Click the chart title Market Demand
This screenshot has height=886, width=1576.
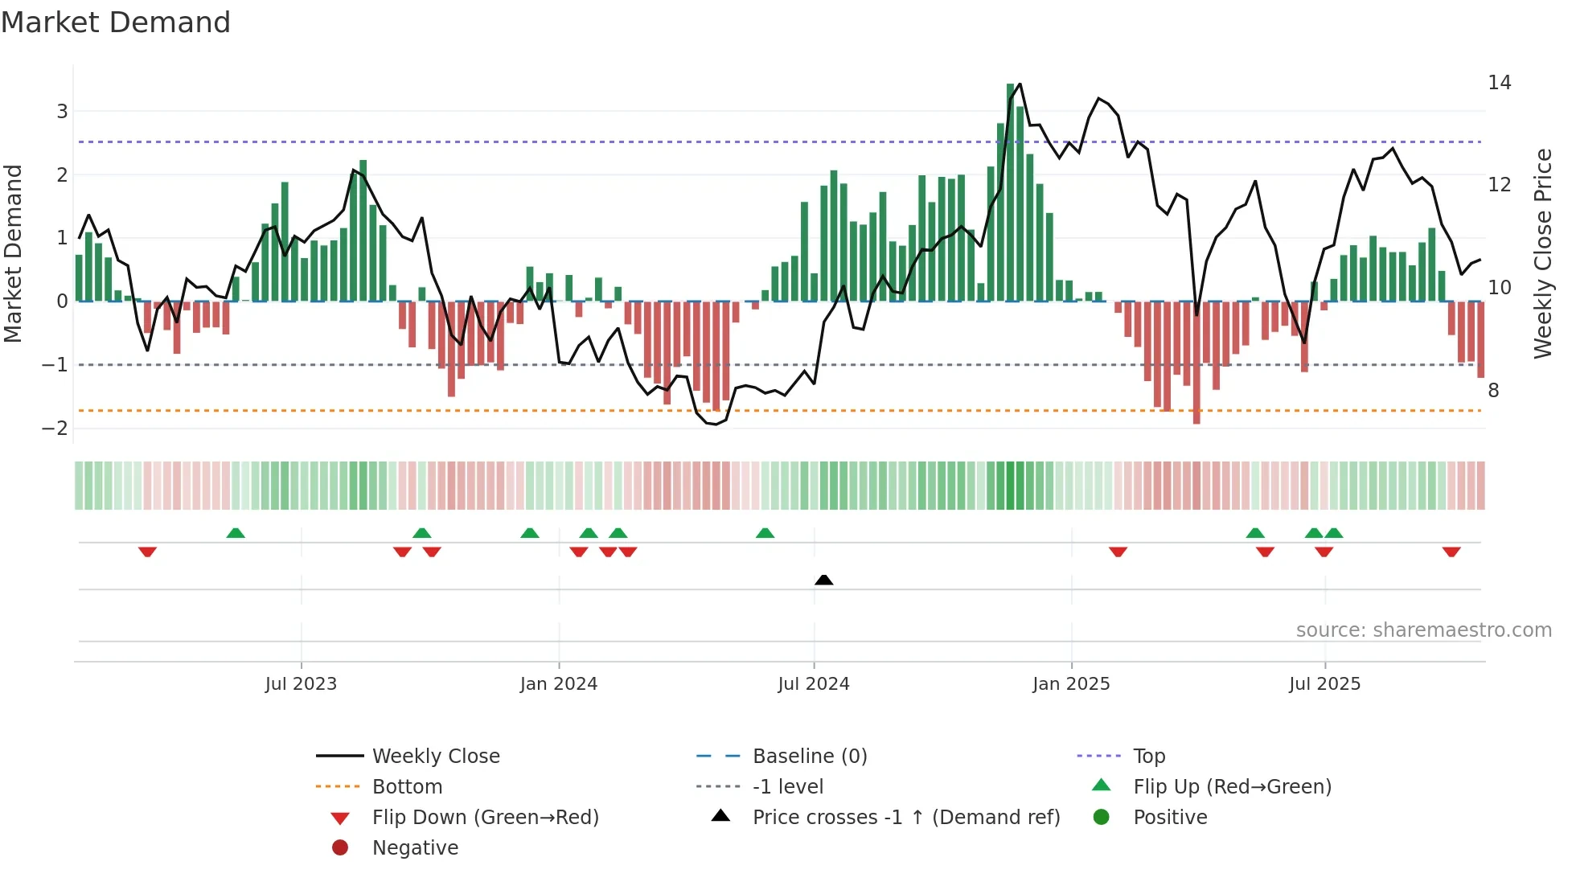[x=116, y=23]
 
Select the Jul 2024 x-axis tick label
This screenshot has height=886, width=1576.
[x=813, y=684]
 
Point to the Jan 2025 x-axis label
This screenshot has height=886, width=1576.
[x=1070, y=684]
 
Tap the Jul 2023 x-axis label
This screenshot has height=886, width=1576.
[x=301, y=684]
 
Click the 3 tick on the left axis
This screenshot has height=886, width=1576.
[x=62, y=112]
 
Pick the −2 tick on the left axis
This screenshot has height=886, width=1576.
[x=55, y=428]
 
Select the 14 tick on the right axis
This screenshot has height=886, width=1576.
[x=1499, y=83]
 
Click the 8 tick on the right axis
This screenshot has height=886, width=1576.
[x=1493, y=391]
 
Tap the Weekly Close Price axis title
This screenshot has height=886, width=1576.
[x=1542, y=253]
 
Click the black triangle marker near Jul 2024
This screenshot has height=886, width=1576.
[x=823, y=580]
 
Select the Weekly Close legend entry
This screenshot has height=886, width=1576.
[x=435, y=757]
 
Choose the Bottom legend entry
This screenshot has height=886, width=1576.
[x=407, y=787]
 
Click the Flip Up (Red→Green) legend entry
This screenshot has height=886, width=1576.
[x=1232, y=787]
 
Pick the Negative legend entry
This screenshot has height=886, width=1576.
[x=415, y=848]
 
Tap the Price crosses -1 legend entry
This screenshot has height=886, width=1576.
[x=905, y=818]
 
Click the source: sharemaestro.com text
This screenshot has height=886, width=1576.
[x=1423, y=630]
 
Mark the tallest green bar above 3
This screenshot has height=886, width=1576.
[x=1010, y=193]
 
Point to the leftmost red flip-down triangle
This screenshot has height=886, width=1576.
[x=147, y=552]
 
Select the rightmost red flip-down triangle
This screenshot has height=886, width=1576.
[x=1451, y=552]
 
